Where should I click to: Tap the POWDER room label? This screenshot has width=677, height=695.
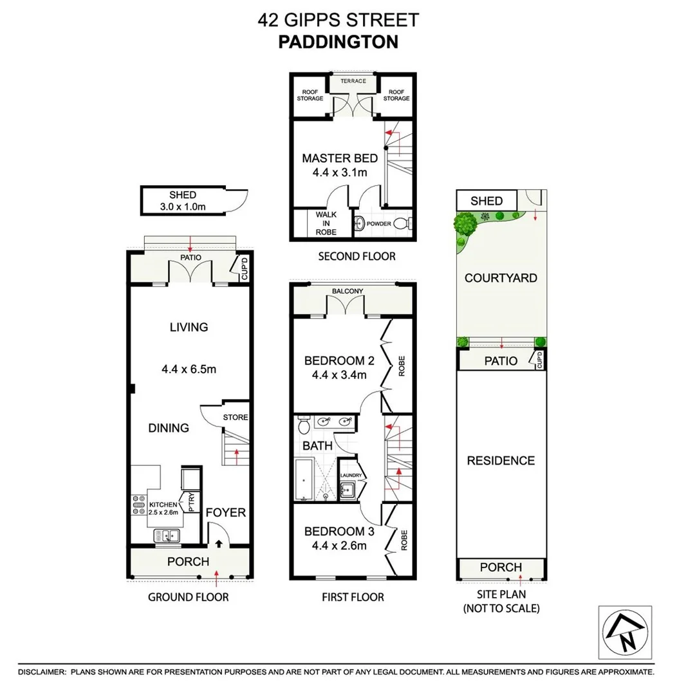pyautogui.click(x=379, y=225)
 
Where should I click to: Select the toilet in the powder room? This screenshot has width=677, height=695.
pyautogui.click(x=401, y=224)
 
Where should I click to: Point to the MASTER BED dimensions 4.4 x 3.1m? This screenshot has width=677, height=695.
pyautogui.click(x=340, y=172)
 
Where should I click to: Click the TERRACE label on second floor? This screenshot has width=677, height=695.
pyautogui.click(x=353, y=81)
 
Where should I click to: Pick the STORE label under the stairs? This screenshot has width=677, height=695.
pyautogui.click(x=235, y=417)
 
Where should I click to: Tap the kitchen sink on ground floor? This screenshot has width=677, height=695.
pyautogui.click(x=169, y=535)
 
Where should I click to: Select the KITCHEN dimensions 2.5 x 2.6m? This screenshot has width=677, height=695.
pyautogui.click(x=163, y=512)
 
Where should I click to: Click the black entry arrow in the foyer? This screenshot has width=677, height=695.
pyautogui.click(x=219, y=544)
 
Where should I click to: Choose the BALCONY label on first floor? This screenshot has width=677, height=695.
pyautogui.click(x=348, y=292)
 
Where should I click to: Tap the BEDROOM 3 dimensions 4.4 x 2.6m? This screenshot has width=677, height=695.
pyautogui.click(x=335, y=546)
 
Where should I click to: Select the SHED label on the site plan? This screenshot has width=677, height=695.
pyautogui.click(x=487, y=201)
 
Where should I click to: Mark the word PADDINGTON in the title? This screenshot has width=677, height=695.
pyautogui.click(x=338, y=42)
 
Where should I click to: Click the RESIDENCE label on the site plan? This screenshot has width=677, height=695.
pyautogui.click(x=501, y=461)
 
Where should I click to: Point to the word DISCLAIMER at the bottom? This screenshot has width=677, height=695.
pyautogui.click(x=42, y=672)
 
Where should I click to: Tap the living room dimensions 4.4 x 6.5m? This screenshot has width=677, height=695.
pyautogui.click(x=189, y=369)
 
